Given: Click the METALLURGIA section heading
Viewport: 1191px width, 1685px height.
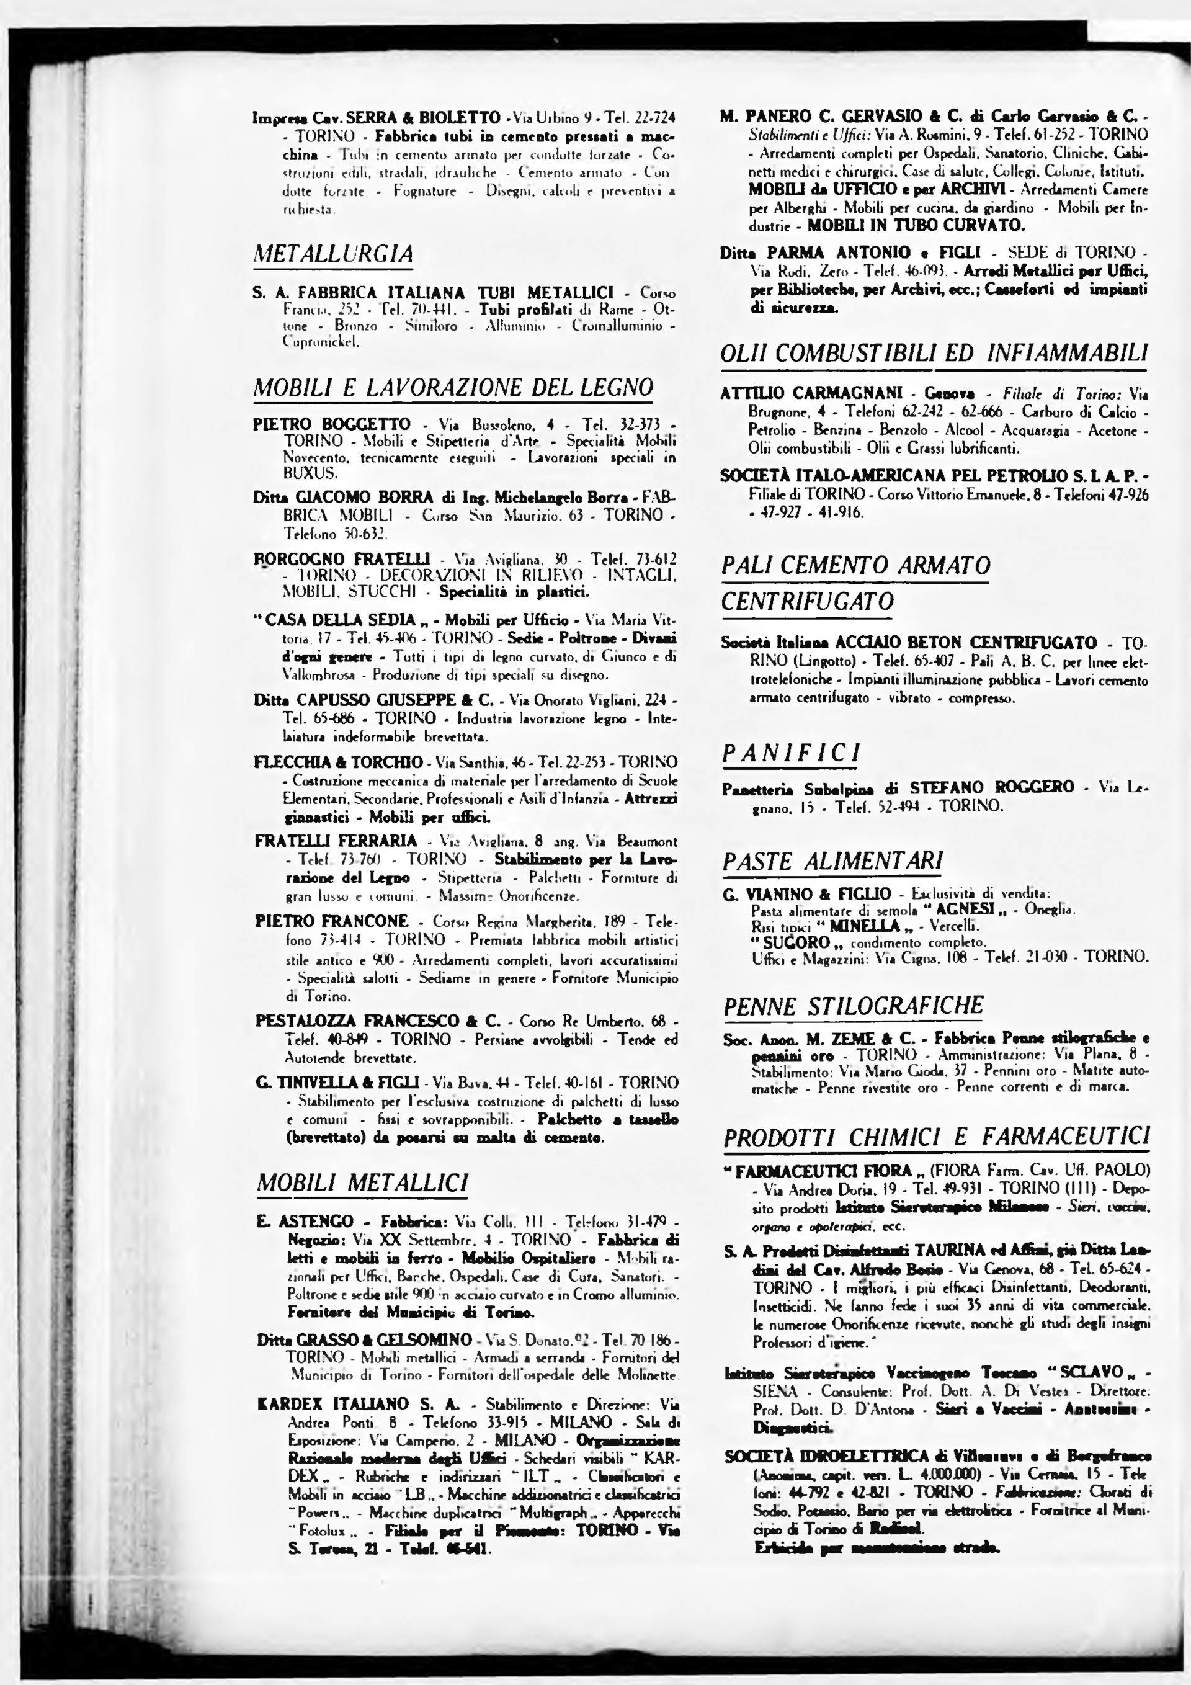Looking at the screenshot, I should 332,254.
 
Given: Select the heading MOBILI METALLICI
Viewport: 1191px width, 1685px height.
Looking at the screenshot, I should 362,1183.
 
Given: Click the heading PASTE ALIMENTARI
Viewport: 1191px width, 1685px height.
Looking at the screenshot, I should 832,861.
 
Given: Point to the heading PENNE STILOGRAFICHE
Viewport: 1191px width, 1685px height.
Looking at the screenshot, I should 853,1006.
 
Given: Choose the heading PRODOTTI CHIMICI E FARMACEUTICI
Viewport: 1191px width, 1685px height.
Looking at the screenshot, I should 935,1137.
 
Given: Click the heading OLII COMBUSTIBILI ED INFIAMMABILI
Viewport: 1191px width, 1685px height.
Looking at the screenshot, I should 934,353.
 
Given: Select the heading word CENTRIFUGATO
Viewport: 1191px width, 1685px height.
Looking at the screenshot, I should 807,601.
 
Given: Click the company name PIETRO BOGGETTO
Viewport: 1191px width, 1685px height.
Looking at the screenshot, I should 332,424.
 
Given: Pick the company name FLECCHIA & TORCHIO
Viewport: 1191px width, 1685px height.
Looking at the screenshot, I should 338,761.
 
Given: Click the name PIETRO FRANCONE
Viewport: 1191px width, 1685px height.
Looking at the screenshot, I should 332,921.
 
